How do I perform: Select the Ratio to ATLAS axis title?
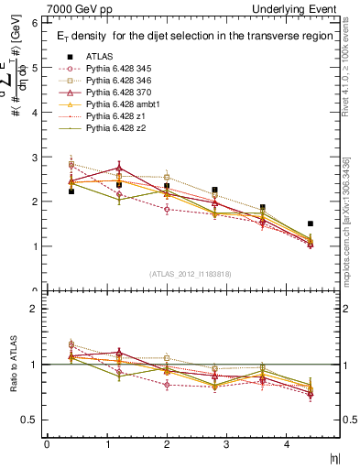13,365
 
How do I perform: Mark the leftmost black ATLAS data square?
71,191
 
